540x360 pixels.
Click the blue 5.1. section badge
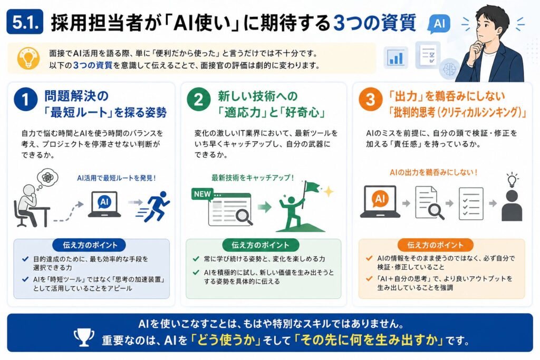click(25, 22)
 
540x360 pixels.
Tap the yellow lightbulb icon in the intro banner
click(28, 58)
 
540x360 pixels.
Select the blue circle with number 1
click(25, 100)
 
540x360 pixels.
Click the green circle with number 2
click(199, 100)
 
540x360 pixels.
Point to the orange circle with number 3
click(370, 100)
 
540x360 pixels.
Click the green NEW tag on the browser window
click(202, 194)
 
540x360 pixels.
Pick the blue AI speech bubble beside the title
click(439, 24)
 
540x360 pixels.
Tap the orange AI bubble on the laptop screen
click(380, 199)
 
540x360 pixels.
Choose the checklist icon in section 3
click(471, 203)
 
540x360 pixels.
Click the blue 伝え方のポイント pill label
click(90, 245)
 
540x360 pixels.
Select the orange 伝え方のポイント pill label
click(435, 245)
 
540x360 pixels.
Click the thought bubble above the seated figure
click(47, 177)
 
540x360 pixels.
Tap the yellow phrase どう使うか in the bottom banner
click(228, 340)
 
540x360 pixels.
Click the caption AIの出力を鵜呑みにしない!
click(433, 172)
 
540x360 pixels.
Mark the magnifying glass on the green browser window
click(244, 217)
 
